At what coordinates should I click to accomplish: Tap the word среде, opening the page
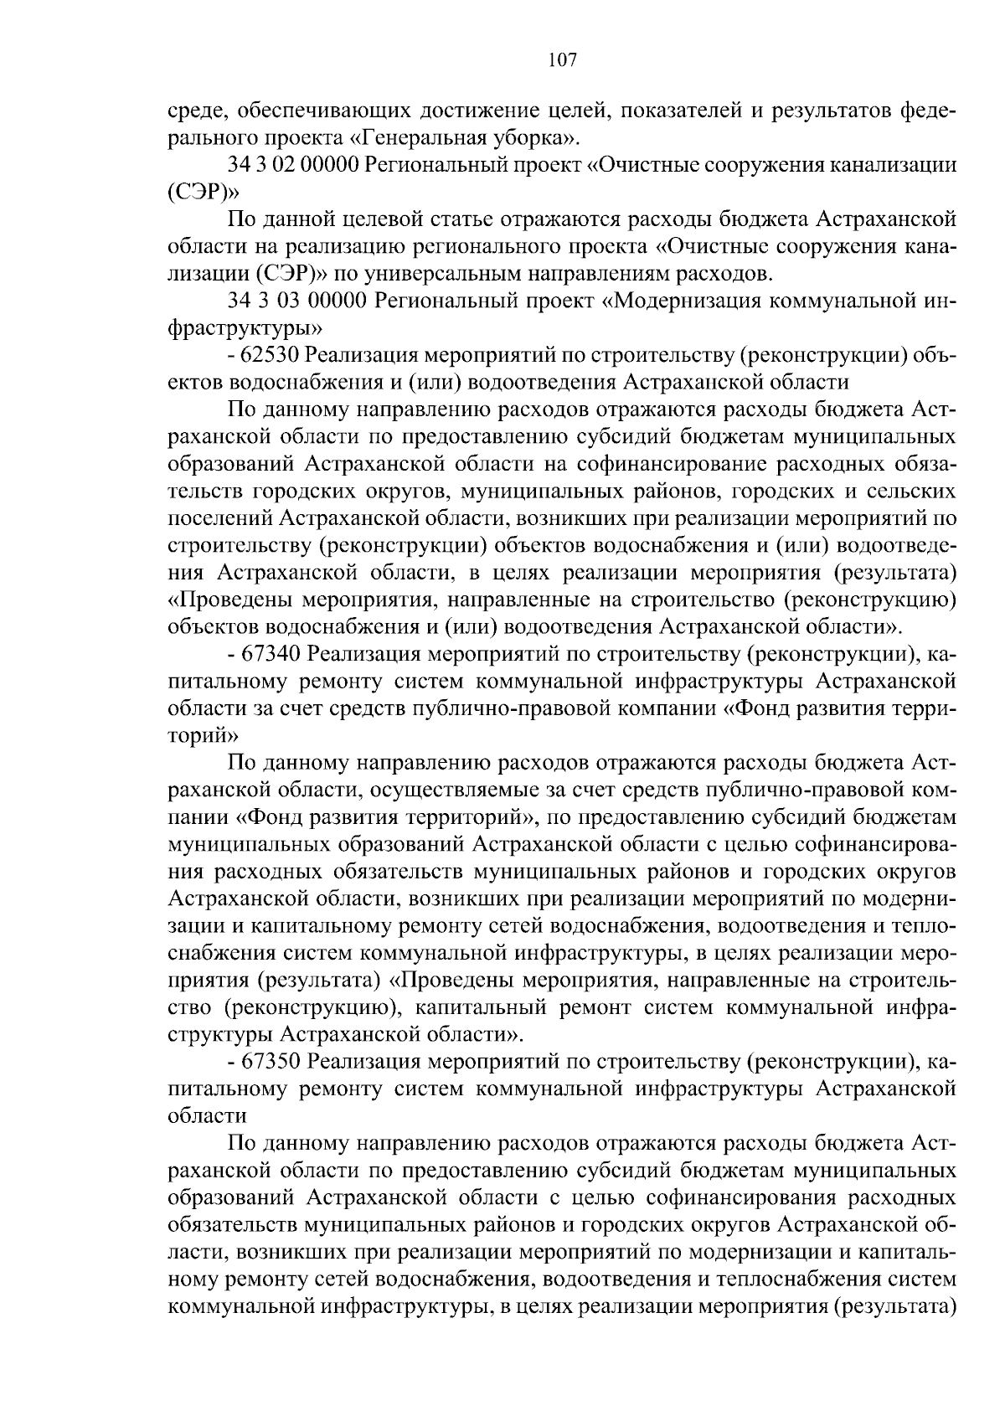[198, 111]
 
